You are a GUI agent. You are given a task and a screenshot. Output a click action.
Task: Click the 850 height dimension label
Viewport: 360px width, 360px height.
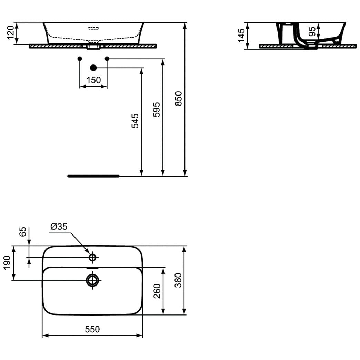click(178, 99)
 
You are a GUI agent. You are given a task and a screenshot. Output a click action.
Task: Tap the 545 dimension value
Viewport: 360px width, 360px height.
click(135, 121)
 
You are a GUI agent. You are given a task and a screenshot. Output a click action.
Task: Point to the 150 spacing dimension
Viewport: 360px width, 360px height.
click(93, 80)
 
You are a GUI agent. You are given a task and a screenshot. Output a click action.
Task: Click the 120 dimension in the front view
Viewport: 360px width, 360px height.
click(11, 32)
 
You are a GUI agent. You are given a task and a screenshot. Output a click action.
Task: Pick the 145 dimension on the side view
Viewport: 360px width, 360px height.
click(241, 36)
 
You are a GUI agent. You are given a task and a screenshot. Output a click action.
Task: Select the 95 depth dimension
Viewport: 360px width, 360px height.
click(312, 31)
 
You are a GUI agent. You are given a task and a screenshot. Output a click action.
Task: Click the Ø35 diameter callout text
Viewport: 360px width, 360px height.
click(59, 227)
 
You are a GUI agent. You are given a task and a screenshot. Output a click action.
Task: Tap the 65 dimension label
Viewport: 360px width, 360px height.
click(22, 232)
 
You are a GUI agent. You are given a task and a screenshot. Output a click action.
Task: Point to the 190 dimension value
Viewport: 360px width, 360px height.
click(7, 263)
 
